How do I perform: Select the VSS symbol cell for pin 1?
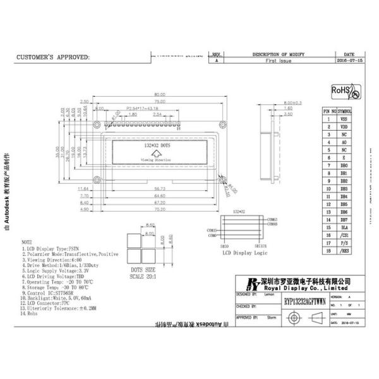click(344, 118)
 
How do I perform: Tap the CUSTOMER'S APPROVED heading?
click(52, 57)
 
